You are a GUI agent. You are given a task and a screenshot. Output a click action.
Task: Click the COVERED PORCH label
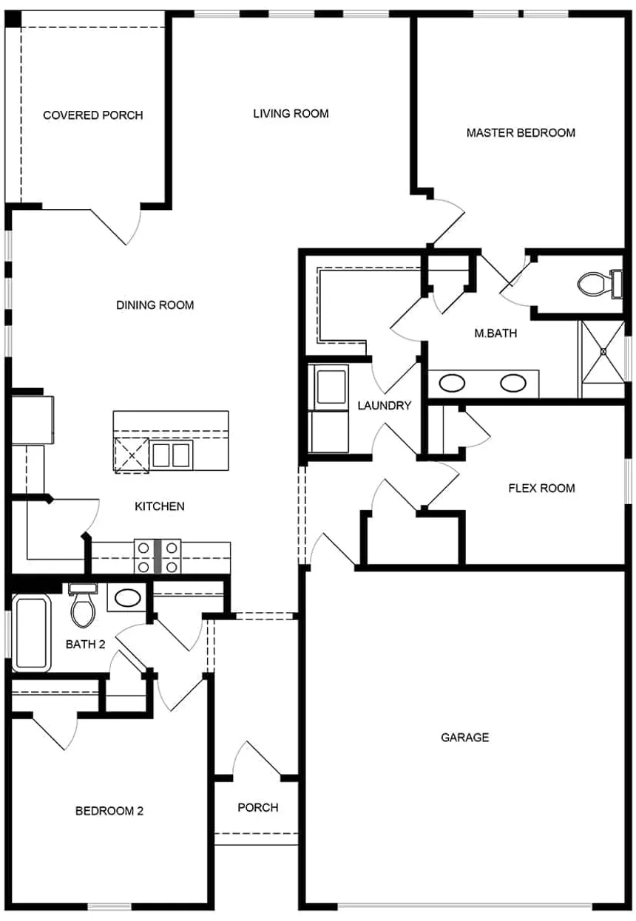92,115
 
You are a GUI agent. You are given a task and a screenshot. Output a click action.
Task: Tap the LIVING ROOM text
291,113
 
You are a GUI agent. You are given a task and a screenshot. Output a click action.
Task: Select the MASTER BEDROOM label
521,133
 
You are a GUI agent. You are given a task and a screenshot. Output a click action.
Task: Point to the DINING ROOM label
155,305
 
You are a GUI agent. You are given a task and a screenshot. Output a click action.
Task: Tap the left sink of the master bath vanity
451,383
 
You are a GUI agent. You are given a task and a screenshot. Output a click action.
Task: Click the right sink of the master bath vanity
512,383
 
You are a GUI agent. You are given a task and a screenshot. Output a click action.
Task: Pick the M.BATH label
495,333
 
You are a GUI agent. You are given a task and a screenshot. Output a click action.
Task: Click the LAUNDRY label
384,406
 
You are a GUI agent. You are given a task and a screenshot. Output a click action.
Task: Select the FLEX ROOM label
541,488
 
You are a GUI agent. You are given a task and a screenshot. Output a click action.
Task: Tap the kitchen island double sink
172,455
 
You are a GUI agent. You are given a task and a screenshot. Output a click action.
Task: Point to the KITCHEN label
159,506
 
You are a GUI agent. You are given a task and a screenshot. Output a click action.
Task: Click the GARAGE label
464,737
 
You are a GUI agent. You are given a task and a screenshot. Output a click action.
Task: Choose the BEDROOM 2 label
109,811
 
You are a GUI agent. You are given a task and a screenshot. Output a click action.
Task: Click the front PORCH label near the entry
258,807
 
